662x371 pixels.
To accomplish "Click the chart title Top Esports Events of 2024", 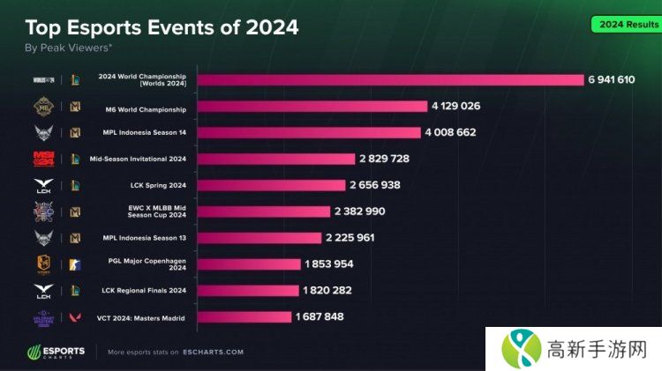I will click(x=162, y=27).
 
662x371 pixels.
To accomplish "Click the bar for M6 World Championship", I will click(x=312, y=106).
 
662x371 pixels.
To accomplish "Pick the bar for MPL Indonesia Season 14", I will click(x=309, y=132).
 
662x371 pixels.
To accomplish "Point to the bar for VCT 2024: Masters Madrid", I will click(x=244, y=316).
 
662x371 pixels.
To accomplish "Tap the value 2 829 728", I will click(x=384, y=159).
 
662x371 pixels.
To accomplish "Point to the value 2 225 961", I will click(x=350, y=237).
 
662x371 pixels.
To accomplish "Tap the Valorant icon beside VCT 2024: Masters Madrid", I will click(x=76, y=316).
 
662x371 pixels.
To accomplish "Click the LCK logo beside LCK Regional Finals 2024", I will click(x=43, y=290).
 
